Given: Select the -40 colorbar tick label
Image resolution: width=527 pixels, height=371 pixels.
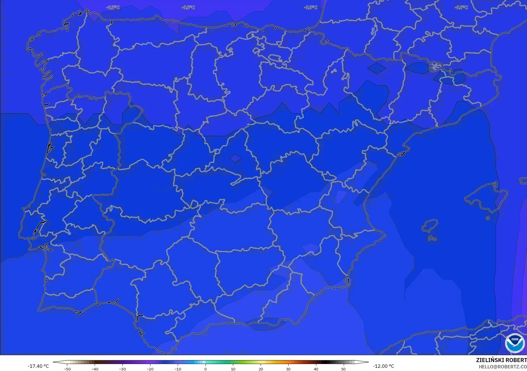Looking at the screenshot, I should (x=95, y=369).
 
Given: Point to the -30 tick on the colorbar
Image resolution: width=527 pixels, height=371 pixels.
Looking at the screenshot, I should (x=122, y=369).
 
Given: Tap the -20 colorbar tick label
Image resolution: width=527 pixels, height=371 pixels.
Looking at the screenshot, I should (x=150, y=369).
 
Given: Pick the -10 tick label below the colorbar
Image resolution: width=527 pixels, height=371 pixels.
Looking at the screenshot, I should (x=178, y=369).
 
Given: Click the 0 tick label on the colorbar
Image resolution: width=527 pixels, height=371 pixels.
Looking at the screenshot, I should (x=205, y=369).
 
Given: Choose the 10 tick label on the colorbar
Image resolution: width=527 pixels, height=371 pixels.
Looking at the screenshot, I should (x=233, y=369).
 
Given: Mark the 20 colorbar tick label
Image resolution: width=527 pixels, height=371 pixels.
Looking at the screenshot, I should (x=261, y=369).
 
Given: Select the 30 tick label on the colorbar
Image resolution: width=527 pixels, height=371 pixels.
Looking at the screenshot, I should (x=288, y=369).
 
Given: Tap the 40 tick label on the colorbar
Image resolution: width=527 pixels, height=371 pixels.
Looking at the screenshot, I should (x=316, y=369).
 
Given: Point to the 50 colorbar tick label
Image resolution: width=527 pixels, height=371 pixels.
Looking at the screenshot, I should (x=343, y=369).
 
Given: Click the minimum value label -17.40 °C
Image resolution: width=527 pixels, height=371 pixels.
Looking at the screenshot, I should (x=38, y=366).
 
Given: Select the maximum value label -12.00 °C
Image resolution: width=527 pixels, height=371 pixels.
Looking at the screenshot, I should (x=383, y=366).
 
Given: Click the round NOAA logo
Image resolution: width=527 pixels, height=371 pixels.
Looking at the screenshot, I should (x=515, y=343).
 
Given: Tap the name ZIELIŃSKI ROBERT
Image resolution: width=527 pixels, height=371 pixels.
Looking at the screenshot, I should (x=501, y=360).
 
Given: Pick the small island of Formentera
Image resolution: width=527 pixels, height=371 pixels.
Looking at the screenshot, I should (x=432, y=238).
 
